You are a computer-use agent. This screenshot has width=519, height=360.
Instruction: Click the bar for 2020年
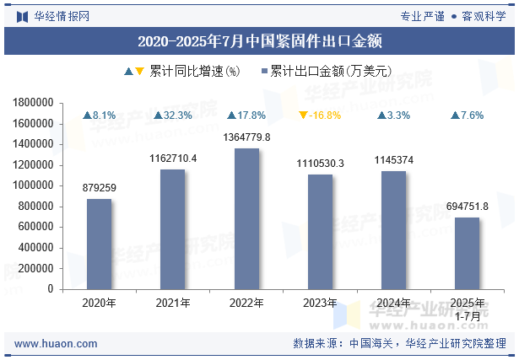click(99, 244)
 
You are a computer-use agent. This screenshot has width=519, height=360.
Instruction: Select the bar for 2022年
click(246, 218)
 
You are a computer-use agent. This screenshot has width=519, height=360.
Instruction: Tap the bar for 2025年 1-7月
click(467, 253)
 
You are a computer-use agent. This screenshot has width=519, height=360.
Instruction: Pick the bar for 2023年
click(320, 232)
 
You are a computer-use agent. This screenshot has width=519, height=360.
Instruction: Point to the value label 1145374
click(393, 160)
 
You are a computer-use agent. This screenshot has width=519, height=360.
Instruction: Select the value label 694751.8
click(467, 207)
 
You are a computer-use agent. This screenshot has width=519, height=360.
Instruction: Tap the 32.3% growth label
click(173, 116)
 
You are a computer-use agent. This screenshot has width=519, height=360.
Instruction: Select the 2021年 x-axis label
click(173, 304)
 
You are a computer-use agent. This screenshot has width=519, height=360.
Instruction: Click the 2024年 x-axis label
click(393, 304)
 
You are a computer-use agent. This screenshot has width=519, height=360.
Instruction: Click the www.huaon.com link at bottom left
click(56, 344)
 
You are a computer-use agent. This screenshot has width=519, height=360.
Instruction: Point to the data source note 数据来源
click(399, 344)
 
